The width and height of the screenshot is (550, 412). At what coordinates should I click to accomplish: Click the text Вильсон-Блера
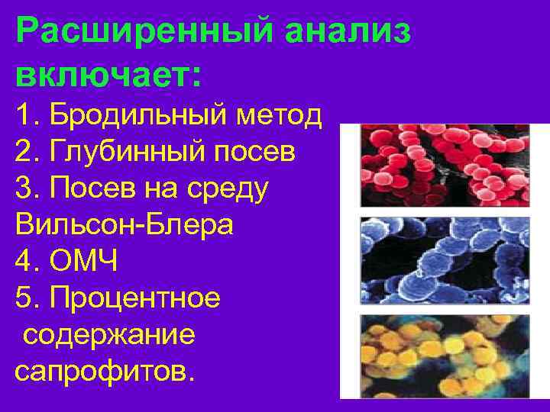click(x=124, y=225)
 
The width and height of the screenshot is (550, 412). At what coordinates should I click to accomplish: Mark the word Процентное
click(x=134, y=298)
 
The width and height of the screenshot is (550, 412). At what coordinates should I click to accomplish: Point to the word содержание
click(x=109, y=335)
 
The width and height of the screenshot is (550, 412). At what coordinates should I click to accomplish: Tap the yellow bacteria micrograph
click(x=444, y=355)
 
